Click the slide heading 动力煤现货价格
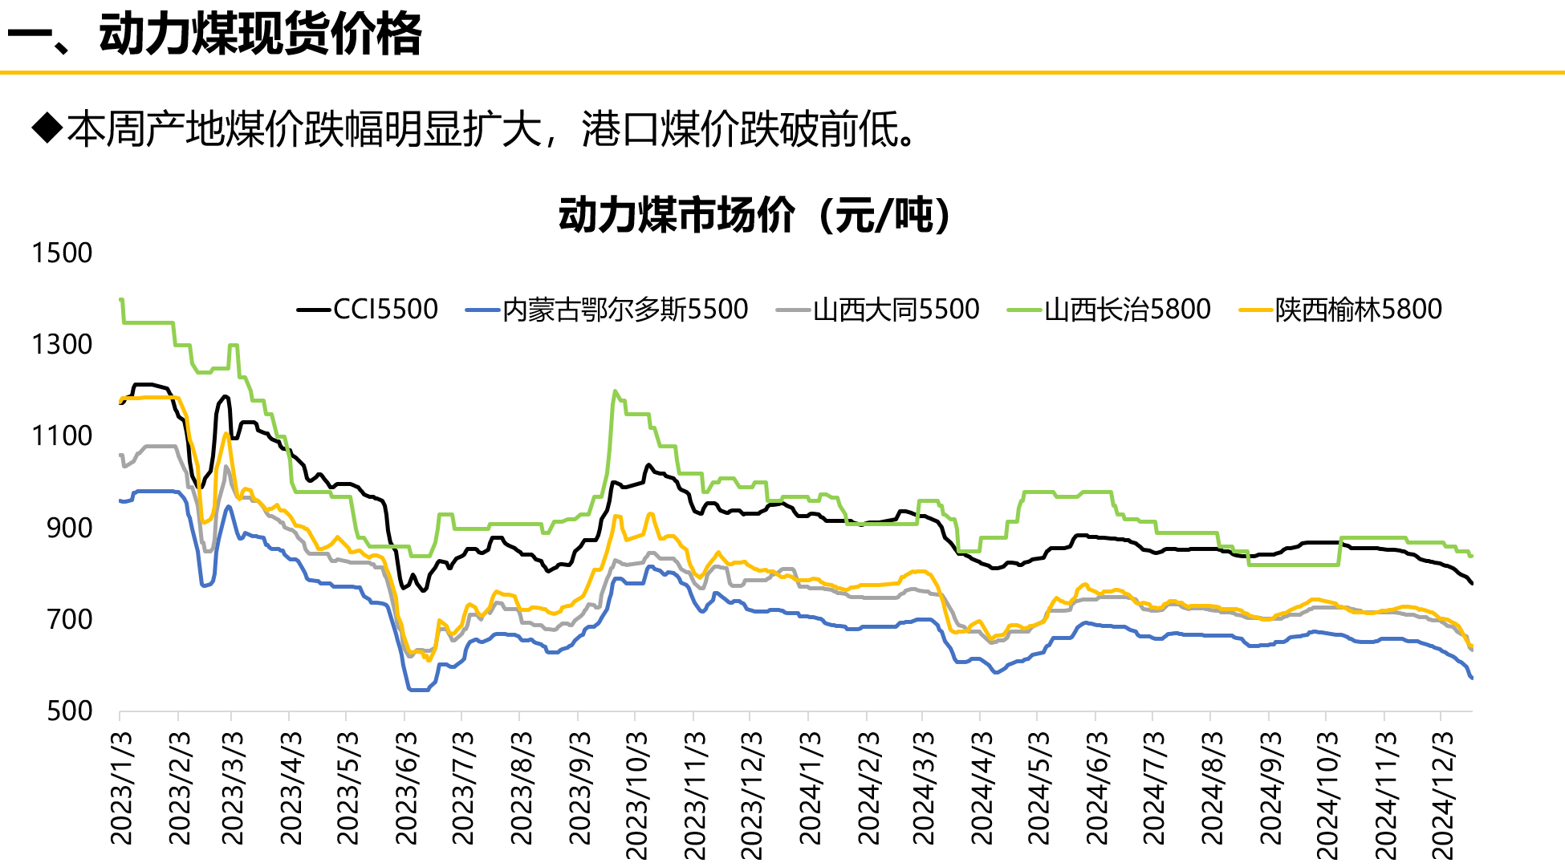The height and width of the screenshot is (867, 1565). [260, 34]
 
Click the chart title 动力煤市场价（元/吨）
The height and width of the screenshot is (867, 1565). [754, 215]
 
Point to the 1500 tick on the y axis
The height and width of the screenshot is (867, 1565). [62, 253]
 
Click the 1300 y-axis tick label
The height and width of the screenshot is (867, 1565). [62, 345]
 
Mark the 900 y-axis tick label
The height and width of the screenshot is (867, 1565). [69, 529]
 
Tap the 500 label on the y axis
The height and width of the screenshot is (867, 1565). [69, 711]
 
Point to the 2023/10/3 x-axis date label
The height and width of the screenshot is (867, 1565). [636, 794]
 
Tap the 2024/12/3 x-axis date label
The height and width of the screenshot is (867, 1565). [1442, 794]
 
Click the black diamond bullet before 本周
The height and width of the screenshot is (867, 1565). [47, 128]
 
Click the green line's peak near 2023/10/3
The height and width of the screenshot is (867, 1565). [615, 391]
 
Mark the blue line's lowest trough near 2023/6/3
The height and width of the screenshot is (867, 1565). [417, 690]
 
